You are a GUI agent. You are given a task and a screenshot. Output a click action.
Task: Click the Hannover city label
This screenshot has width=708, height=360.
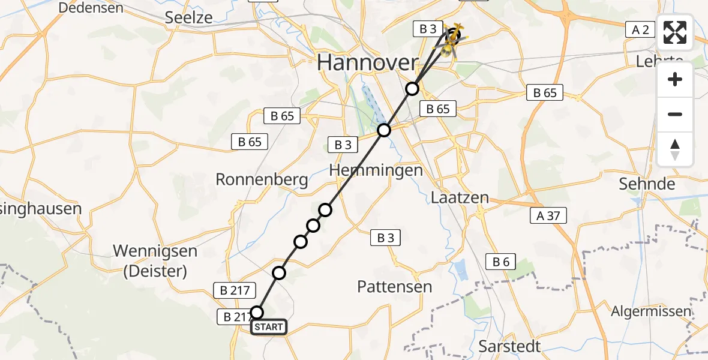click(367, 62)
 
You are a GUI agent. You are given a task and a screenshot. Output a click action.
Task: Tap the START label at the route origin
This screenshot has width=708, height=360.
click(268, 327)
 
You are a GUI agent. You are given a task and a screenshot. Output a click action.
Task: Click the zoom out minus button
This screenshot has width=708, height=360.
click(675, 114)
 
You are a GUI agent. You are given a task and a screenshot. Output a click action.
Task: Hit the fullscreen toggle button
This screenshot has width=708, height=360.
click(675, 32)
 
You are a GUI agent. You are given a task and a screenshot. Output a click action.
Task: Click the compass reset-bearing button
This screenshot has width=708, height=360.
click(675, 149)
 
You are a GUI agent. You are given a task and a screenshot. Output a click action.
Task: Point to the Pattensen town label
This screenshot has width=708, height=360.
click(394, 286)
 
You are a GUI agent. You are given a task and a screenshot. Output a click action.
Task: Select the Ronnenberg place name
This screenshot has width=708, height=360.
click(262, 179)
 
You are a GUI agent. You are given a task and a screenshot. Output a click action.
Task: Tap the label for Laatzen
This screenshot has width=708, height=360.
click(460, 197)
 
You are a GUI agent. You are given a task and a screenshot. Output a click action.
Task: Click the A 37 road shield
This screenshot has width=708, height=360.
click(548, 216)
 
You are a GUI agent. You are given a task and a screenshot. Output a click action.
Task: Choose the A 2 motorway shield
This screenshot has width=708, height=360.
click(641, 29)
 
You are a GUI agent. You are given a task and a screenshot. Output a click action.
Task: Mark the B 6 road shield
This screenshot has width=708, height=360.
click(501, 261)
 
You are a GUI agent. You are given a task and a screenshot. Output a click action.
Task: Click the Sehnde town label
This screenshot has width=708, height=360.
click(647, 184)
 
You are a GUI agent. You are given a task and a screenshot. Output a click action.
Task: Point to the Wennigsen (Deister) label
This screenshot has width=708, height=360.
click(155, 260)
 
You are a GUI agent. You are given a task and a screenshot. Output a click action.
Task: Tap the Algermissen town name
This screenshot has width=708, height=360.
click(651, 311)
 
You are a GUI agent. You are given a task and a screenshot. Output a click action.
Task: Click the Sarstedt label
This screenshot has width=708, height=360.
click(510, 346)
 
